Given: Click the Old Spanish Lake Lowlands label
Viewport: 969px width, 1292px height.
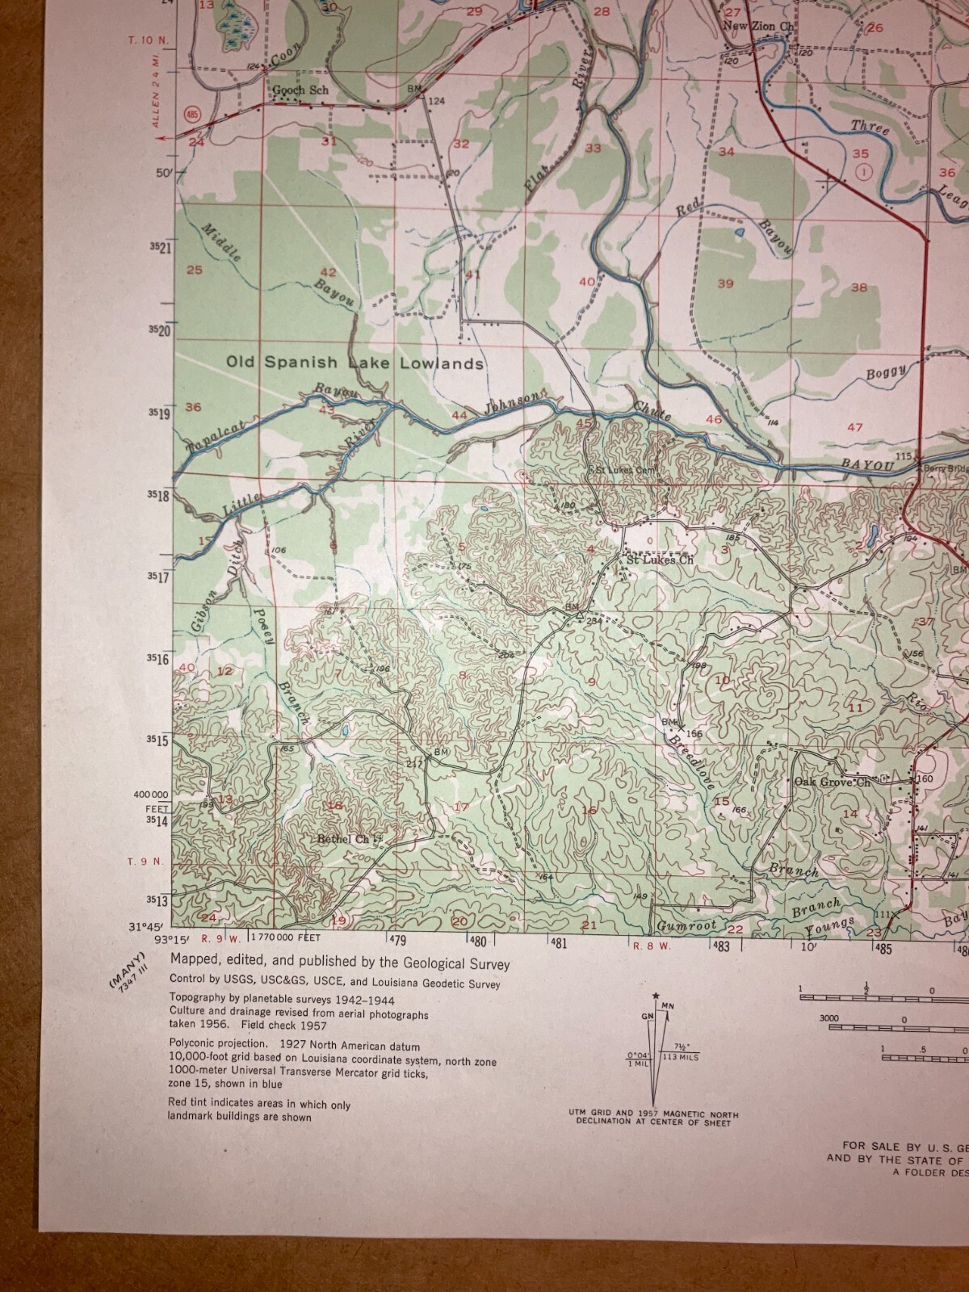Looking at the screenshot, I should pyautogui.click(x=354, y=363).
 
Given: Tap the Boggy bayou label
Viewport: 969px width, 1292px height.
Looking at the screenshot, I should pyautogui.click(x=887, y=372).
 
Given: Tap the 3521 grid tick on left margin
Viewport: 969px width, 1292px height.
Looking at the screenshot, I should pyautogui.click(x=159, y=248).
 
